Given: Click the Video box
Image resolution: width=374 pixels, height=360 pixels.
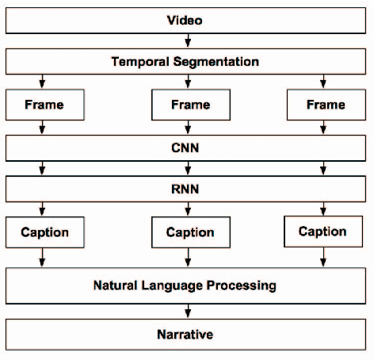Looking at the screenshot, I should point(187,20).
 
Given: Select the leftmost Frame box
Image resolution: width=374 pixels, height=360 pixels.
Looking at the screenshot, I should point(44,104).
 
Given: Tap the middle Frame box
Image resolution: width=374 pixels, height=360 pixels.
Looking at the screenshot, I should point(190,104).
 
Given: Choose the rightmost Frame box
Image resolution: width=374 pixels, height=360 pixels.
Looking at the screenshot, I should point(325,104).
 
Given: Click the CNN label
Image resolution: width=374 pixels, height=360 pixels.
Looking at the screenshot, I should point(188,147).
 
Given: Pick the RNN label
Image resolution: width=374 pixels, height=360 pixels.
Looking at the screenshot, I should point(188,190).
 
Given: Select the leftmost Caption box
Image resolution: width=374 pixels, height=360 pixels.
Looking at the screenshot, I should point(44,232).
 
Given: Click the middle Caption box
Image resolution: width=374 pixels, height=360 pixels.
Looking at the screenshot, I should point(190,232).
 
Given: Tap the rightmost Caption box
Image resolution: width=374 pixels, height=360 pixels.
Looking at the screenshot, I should point(322,232).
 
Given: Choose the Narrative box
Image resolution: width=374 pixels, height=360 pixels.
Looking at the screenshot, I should point(187,335).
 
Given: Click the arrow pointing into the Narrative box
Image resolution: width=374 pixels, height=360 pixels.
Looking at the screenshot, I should point(188,312).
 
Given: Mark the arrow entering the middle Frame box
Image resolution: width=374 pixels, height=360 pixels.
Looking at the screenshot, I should point(188,81).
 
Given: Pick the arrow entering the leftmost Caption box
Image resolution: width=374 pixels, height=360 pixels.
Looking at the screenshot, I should point(41,209).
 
